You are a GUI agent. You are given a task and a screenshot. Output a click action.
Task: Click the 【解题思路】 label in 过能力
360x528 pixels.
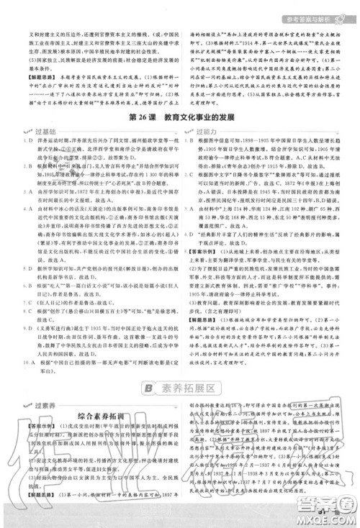202,337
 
